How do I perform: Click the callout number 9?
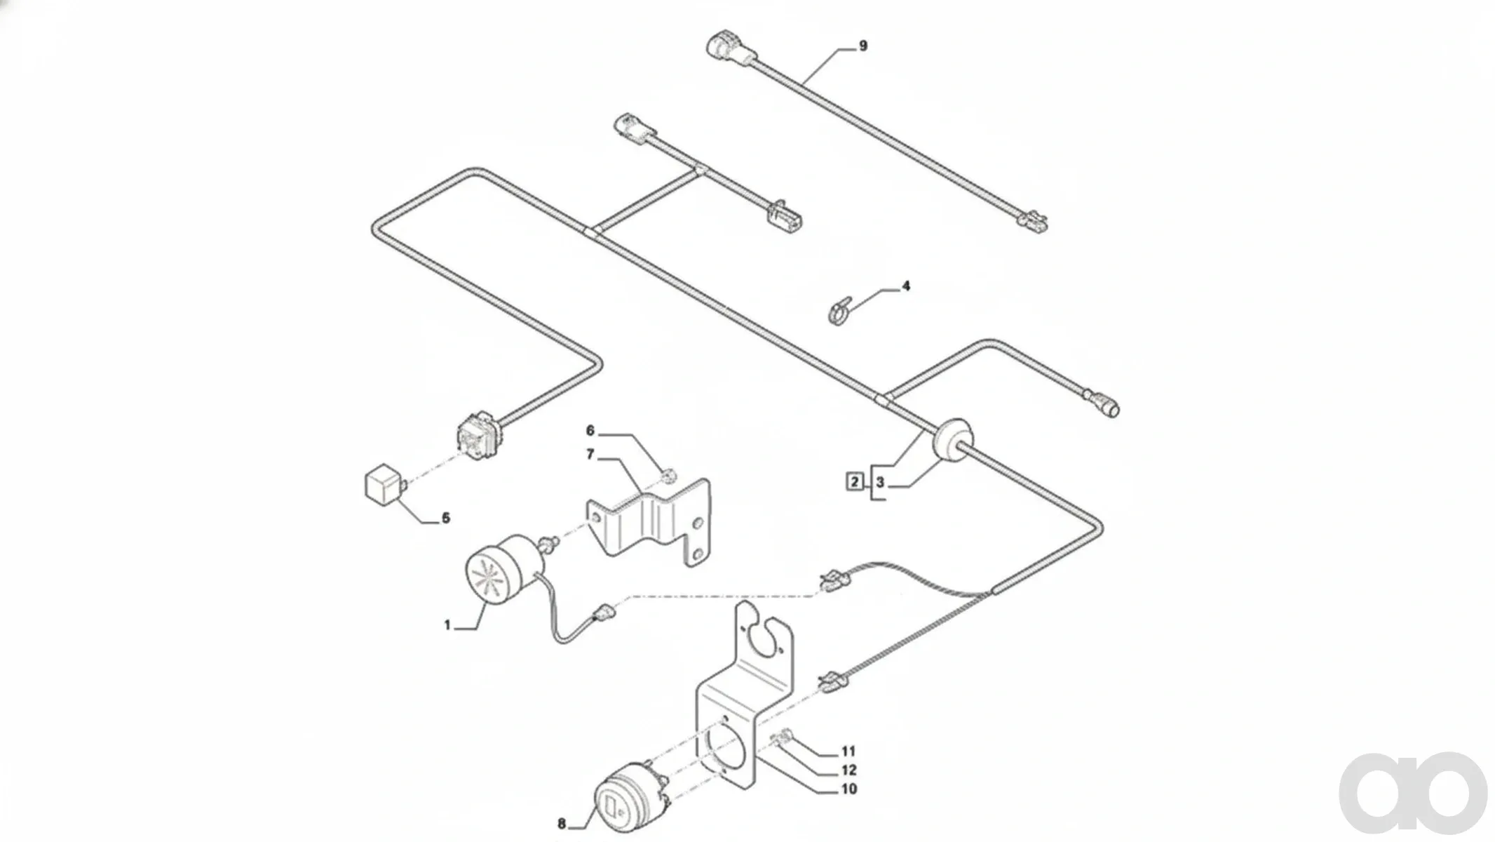tap(863, 46)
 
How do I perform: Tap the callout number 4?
tap(906, 286)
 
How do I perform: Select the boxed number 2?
tap(855, 482)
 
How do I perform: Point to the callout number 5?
tap(445, 519)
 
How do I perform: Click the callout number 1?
tap(447, 624)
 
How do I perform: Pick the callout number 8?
tap(562, 824)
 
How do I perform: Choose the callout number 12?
tap(849, 770)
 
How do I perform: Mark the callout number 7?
tap(590, 455)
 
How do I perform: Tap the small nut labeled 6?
tap(669, 476)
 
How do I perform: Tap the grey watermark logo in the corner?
tap(1413, 793)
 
